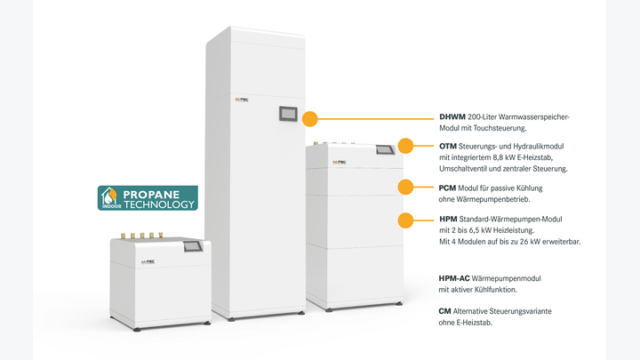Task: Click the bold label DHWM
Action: coord(452,116)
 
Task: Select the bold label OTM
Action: coord(448,146)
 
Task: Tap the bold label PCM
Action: coord(447,188)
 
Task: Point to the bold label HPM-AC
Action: coord(454,278)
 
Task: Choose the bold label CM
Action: coord(445,311)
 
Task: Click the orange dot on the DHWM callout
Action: coord(310,119)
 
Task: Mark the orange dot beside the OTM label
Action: coord(405,146)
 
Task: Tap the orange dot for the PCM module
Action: coord(405,187)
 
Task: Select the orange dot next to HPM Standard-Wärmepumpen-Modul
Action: coord(405,220)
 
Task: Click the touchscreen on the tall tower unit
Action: coord(288,114)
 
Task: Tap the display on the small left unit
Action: coord(193,246)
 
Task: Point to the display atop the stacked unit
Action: coord(385,150)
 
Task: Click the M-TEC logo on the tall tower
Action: coord(242,100)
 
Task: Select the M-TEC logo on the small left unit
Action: coord(148,262)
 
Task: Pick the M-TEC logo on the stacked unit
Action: coord(340,162)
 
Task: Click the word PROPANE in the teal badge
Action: coord(151,195)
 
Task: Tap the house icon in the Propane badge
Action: coord(109,196)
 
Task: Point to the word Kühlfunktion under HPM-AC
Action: coord(496,290)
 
